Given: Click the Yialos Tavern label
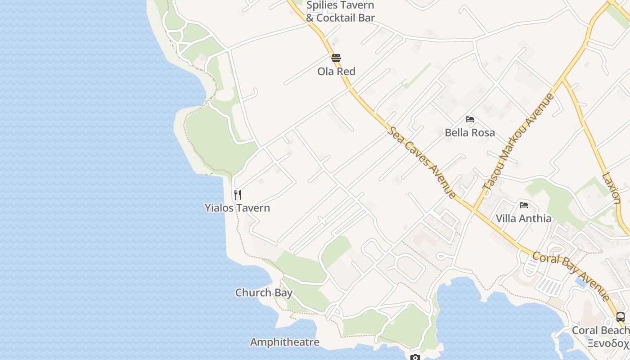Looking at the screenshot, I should coord(237,208).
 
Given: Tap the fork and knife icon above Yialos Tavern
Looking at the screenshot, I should coord(238,195).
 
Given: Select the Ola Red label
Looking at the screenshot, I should coord(336,71).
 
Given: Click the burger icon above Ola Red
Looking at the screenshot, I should coord(336,58).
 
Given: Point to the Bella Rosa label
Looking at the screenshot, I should coord(470,133).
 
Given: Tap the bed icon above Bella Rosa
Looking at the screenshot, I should coord(470,119).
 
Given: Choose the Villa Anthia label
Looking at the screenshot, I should coord(523,219).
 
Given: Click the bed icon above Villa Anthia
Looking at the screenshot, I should coord(524,205).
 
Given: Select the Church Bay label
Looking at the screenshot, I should coord(264,293).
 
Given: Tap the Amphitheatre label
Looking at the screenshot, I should coord(284,342).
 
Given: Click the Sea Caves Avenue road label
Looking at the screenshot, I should coord(422,162).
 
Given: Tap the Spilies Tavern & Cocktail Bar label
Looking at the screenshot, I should coord(340,12).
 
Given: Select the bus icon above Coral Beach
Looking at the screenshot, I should coord(621,317).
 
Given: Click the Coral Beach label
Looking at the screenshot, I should coord(600,330).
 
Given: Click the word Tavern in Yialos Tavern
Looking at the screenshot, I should coord(254,208).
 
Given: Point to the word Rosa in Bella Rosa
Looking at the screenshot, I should coord(483,133).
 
